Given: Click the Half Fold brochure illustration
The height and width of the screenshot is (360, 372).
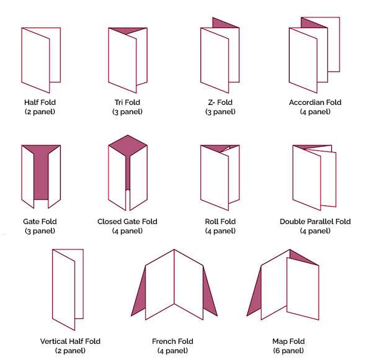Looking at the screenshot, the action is (35, 60).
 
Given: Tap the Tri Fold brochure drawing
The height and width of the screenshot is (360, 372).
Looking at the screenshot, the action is (123, 60).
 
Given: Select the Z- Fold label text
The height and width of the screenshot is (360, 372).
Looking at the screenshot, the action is (220, 102).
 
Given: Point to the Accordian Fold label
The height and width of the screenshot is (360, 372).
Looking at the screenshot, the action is (315, 102).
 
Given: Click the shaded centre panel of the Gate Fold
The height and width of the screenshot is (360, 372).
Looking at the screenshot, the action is (41, 176).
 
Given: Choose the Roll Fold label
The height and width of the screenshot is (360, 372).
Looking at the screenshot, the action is (220, 222).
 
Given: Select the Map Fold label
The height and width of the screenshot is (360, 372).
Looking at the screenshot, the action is (288, 341).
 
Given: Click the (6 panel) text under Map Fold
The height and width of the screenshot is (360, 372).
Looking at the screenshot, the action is (288, 351).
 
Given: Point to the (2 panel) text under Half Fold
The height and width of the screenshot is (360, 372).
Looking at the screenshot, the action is (40, 112).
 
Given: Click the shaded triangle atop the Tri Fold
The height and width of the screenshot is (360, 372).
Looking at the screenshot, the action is (128, 30).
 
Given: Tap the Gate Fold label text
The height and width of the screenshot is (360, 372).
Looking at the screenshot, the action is (40, 222).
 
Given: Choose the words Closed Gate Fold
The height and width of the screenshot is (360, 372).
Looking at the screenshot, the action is (127, 222).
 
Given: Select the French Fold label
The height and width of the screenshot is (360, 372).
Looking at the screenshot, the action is (172, 341).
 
